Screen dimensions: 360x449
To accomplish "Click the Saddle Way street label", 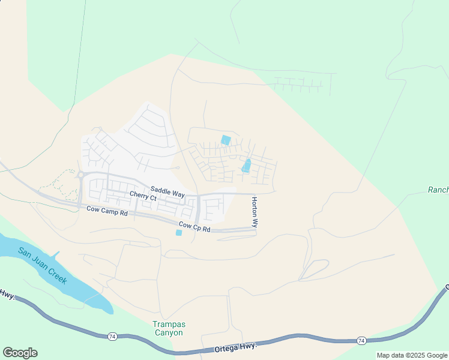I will tap(167, 193).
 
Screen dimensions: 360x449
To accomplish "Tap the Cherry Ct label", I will tap(143, 196).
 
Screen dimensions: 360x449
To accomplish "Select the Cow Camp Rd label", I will tap(107, 212).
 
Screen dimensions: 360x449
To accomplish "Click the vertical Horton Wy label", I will tap(255, 212).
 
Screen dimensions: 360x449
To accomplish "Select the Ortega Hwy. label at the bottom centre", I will tap(235, 348).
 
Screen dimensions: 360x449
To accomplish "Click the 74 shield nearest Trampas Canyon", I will tap(112, 336).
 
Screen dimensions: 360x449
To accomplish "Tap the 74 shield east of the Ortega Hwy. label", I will tap(361, 340).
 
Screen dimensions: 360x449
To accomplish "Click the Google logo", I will tap(20, 352).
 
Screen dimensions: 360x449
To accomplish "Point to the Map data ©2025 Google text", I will tap(412, 355).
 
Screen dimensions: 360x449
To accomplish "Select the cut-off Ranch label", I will tap(438, 190).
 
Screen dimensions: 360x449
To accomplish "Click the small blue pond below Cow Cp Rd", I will tap(179, 233).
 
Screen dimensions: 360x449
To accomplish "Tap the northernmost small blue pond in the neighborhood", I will tap(226, 140).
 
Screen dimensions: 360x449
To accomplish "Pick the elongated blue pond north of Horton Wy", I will tap(247, 165).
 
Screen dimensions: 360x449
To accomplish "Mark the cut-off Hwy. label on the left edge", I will tap(7, 295).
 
